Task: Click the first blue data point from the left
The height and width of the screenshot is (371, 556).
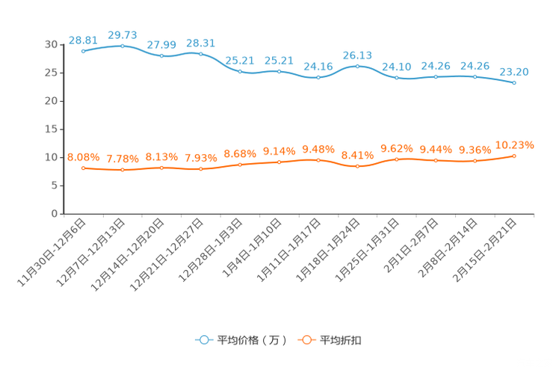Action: (x=83, y=51)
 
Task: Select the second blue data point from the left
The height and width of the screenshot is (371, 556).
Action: (x=123, y=46)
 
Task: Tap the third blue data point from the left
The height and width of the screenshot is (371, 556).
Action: (x=161, y=56)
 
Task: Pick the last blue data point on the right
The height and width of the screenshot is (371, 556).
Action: (x=514, y=82)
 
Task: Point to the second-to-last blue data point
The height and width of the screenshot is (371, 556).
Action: (x=475, y=76)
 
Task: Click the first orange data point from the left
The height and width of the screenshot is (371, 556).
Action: (x=83, y=168)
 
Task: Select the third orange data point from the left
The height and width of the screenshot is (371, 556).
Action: (x=161, y=168)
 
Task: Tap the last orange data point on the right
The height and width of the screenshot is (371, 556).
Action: (x=514, y=156)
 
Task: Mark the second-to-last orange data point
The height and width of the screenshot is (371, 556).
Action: (x=475, y=161)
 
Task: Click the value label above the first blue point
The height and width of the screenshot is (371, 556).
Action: (x=82, y=40)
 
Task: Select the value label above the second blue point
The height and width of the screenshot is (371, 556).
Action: (x=123, y=34)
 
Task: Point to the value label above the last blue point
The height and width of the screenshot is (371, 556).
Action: (x=514, y=72)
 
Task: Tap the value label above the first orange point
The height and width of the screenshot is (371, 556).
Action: (x=83, y=157)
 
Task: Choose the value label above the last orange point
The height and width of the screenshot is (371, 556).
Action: (x=515, y=145)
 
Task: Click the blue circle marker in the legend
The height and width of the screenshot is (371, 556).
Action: (x=203, y=340)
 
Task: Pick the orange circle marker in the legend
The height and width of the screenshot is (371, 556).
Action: (x=306, y=340)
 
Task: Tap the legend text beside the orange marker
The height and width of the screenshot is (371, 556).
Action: (x=341, y=340)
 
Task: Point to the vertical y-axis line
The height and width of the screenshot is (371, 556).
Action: (x=63, y=127)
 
